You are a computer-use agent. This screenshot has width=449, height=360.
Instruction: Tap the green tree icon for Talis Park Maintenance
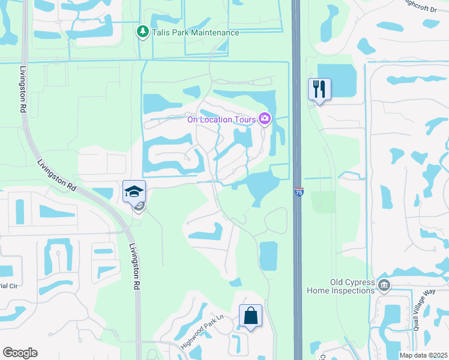[142, 31]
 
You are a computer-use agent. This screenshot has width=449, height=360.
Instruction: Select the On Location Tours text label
[221, 119]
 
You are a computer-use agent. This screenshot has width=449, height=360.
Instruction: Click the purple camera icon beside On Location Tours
[264, 119]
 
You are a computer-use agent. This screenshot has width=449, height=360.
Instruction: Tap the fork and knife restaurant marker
[319, 89]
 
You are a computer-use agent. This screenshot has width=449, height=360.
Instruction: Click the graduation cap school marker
[134, 191]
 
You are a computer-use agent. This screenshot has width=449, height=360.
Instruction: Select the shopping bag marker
[251, 316]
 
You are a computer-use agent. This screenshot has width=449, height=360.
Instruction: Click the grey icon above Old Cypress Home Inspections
[385, 284]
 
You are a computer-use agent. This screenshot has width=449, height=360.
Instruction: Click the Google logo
[20, 353]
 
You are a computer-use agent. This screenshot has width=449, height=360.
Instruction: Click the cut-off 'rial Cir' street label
[8, 286]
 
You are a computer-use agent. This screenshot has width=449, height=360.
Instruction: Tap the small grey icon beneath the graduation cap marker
[139, 207]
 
